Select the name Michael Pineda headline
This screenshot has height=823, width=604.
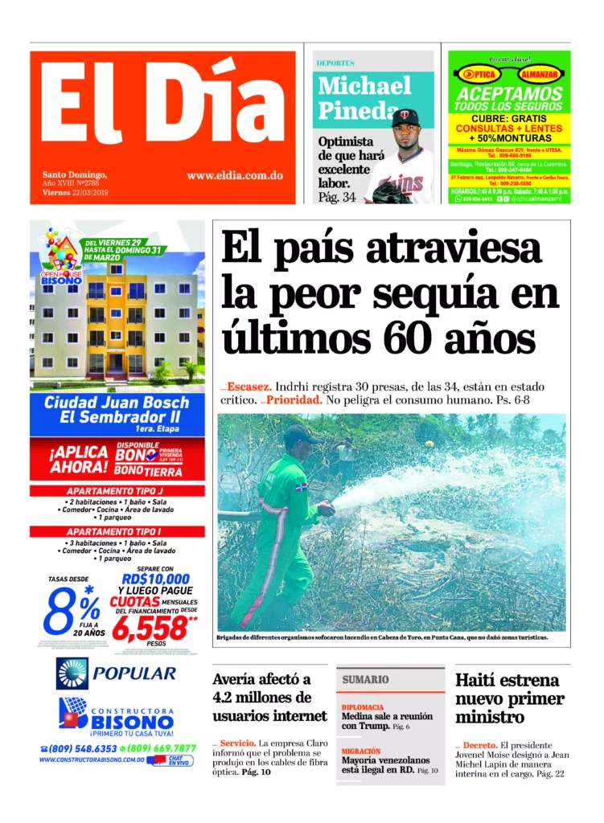point(364,97)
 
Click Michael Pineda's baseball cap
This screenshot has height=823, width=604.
point(405,118)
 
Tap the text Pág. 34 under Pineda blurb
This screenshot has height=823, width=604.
point(337,197)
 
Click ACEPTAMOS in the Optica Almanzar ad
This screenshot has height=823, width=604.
point(508,95)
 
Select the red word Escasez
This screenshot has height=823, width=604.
point(252,386)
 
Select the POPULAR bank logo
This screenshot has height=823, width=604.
point(117,674)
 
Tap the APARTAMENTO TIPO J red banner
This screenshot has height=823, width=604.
point(117,490)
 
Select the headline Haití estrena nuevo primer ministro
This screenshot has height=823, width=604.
point(510,698)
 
